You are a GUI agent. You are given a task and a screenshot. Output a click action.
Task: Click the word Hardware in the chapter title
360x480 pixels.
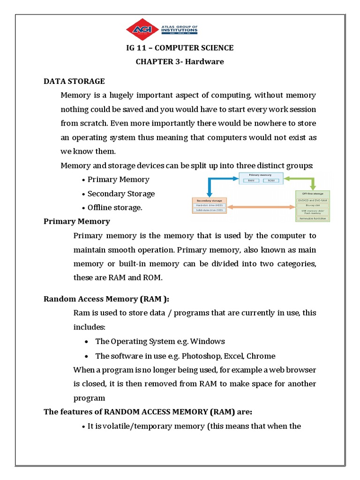coord(206,61)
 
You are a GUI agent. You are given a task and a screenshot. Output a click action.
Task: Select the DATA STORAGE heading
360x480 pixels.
coord(74,82)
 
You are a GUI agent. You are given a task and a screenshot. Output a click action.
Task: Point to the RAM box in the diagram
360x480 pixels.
coord(251,180)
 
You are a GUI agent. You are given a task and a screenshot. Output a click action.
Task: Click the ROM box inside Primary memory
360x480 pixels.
coord(271,180)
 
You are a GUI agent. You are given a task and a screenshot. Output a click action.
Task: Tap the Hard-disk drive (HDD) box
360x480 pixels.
coord(210,204)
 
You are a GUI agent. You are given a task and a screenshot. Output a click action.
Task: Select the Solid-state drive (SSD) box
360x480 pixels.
coord(210,210)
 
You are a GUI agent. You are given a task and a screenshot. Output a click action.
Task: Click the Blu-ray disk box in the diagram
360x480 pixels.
coord(313,204)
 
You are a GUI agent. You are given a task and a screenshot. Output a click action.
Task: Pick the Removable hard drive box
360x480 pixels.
coord(313,218)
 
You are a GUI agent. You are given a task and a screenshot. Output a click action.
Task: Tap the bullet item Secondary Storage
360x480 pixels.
coord(121,194)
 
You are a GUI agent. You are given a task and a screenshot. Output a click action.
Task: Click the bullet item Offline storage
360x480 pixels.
coord(114,208)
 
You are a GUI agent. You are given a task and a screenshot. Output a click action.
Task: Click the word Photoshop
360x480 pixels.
coord(199,356)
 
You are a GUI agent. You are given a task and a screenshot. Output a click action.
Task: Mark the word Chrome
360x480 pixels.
coord(261,356)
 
